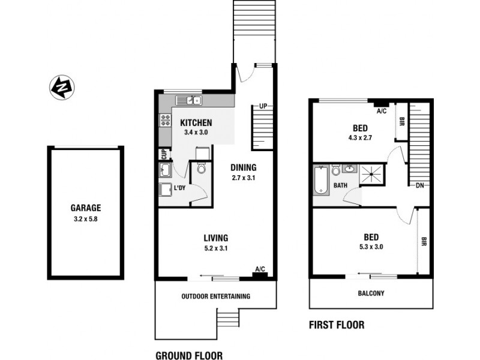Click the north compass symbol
tap(61, 87)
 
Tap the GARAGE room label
tap(85, 208)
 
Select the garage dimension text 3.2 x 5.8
tap(85, 219)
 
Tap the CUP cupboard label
tap(163, 154)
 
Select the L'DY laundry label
tap(179, 189)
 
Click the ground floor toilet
tap(202, 169)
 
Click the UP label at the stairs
tap(262, 106)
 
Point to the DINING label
tap(243, 167)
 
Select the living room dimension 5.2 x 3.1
tap(215, 248)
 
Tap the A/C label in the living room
tap(260, 269)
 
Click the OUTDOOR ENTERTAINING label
tap(215, 296)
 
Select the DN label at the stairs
tap(420, 185)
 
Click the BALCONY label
tap(371, 293)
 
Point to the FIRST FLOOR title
tap(336, 326)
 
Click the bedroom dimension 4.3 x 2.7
tap(360, 138)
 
